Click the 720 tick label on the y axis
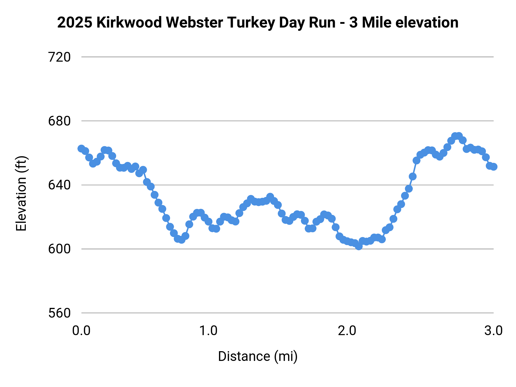click(x=59, y=57)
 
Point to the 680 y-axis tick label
click(x=59, y=121)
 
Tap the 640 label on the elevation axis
click(x=59, y=185)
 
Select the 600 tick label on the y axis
click(x=59, y=249)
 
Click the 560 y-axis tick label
click(x=59, y=313)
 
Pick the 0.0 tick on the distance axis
click(x=81, y=331)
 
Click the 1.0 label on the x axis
click(x=208, y=331)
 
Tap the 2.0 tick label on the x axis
click(x=347, y=331)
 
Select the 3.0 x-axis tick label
click(x=493, y=331)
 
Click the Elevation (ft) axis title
click(x=21, y=193)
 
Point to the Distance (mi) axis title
click(x=258, y=357)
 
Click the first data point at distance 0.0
click(x=81, y=148)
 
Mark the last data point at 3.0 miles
click(x=493, y=167)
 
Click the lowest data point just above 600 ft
click(x=359, y=246)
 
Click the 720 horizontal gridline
click(x=287, y=57)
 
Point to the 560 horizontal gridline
click(x=287, y=313)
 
